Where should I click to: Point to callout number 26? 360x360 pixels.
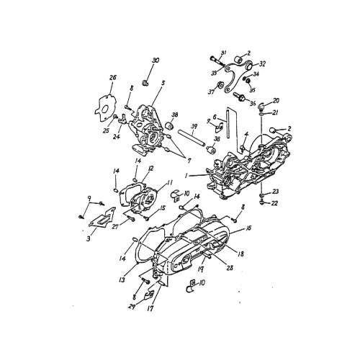coord(112,78)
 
